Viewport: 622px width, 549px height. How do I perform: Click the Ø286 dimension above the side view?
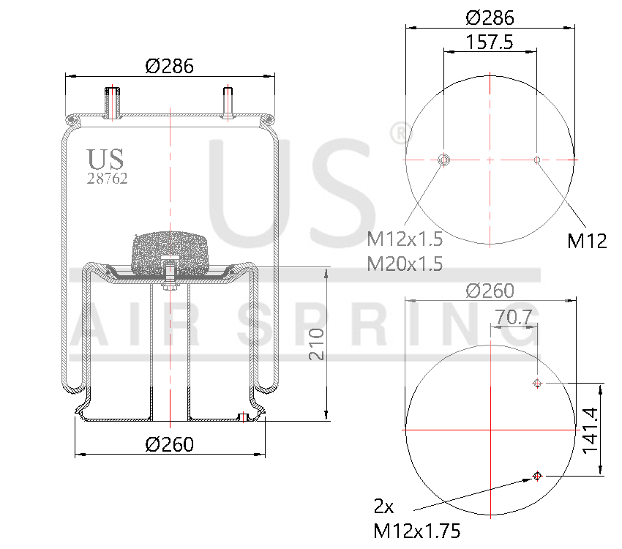[x=169, y=66]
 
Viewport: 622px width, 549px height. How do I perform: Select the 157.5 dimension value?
[x=489, y=42]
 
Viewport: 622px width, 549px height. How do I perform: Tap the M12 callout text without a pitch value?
[x=587, y=240]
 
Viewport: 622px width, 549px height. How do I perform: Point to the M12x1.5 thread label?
[x=405, y=238]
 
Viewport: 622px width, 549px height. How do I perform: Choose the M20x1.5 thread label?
[x=405, y=263]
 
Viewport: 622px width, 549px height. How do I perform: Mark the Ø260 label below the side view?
[x=169, y=444]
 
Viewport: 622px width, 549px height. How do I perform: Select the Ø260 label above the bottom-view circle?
[x=490, y=291]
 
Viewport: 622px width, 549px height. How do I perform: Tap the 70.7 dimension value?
[x=513, y=317]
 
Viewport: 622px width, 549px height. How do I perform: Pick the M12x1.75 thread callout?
[x=417, y=531]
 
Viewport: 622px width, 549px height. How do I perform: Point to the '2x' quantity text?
[x=384, y=506]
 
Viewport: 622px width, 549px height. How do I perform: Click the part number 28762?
[x=108, y=179]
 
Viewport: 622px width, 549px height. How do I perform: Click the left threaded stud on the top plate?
[x=112, y=102]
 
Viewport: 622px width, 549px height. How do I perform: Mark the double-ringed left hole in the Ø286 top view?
[x=443, y=160]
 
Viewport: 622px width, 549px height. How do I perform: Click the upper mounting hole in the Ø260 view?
[x=537, y=383]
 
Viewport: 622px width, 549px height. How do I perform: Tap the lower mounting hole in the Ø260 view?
[x=537, y=476]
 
